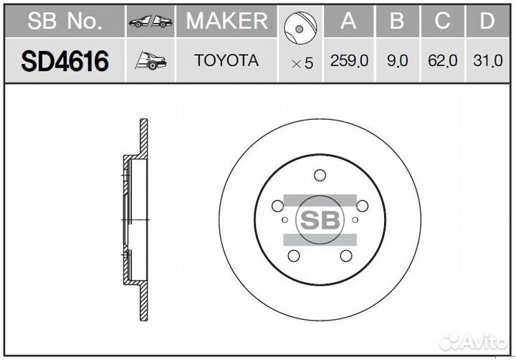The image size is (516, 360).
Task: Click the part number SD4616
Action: pos(64,62)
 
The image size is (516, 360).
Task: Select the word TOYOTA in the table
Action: pos(226,61)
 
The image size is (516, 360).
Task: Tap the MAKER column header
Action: pos(226,21)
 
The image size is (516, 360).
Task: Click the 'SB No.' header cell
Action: pos(64,21)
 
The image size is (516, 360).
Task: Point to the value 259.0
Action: pos(349,62)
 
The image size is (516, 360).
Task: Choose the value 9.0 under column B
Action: pos(397,62)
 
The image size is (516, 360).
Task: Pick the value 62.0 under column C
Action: pos(442,62)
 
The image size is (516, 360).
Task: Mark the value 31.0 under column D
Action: pos(487,62)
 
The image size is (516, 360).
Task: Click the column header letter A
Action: pos(348,21)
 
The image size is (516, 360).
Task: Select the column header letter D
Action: pos(487,21)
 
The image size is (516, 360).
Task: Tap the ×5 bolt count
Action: pos(302,63)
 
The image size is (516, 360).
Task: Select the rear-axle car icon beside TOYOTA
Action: pos(150,61)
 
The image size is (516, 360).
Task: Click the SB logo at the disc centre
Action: pos(320,219)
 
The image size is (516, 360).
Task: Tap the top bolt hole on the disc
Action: pos(320,175)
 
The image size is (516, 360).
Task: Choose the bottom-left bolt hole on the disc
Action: pos(293,256)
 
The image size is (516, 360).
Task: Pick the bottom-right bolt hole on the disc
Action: pos(346,256)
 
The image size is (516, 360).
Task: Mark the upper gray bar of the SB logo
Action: pos(320,200)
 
